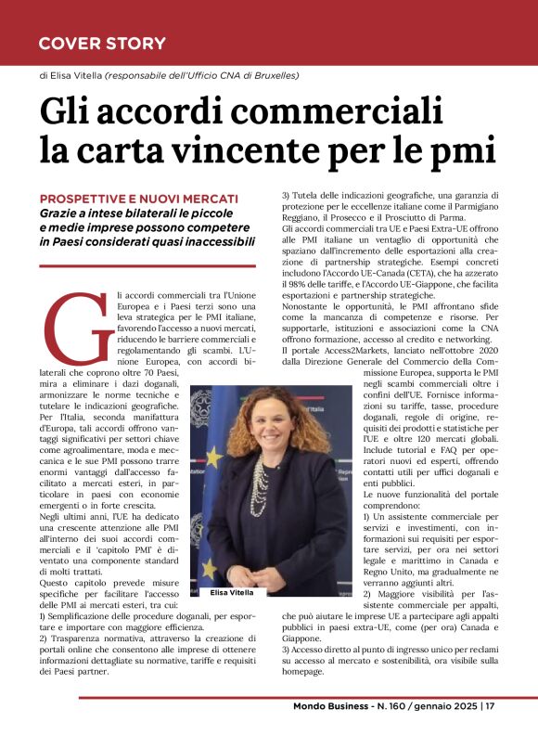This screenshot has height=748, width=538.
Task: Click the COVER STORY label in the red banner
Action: (x=102, y=43)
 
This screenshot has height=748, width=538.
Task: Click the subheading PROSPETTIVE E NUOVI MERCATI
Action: (x=139, y=199)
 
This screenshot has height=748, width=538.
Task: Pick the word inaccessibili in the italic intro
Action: (x=211, y=241)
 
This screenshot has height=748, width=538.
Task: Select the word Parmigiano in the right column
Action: (x=470, y=208)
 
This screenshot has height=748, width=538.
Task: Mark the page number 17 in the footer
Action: (x=491, y=730)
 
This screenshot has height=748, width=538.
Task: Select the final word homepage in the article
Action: (x=302, y=672)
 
